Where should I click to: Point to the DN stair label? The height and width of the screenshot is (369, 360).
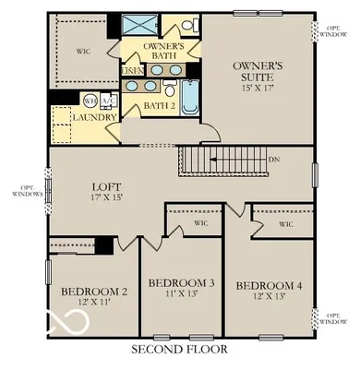point(274,158)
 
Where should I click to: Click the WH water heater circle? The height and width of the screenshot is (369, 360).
point(90,100)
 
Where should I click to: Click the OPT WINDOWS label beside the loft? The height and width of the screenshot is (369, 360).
point(21,192)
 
